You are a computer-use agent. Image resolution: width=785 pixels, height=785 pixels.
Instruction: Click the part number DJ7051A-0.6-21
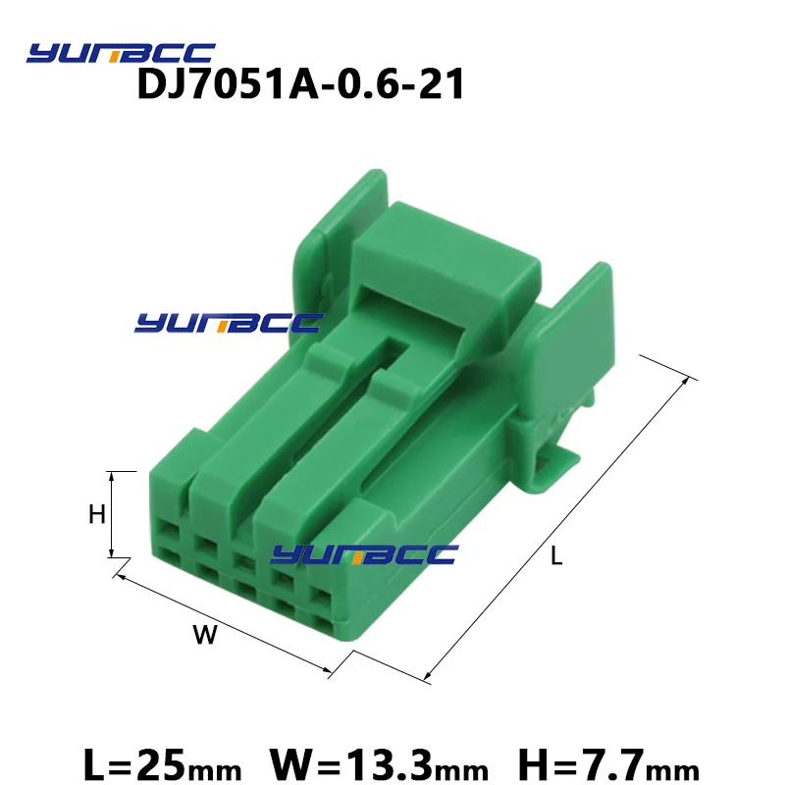300,84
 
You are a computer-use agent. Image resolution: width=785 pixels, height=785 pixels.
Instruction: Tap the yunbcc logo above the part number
121,53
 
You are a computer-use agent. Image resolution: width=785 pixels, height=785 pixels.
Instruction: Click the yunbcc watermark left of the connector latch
229,323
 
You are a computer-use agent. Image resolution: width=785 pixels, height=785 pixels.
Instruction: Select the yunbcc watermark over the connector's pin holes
364,554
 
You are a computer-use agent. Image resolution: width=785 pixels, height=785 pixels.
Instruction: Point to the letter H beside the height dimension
96,514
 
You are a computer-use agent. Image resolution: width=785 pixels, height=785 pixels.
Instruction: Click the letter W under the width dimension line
205,634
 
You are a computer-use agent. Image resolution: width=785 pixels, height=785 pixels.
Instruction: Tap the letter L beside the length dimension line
556,555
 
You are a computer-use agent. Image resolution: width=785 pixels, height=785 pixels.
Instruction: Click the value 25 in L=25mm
161,765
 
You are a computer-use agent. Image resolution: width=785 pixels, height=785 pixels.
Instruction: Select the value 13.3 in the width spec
389,765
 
